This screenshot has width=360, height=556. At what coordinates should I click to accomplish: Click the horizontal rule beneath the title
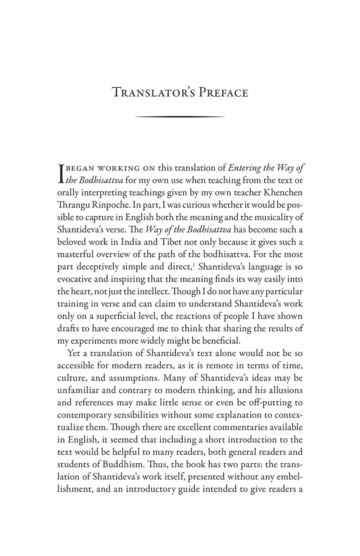(180, 117)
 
